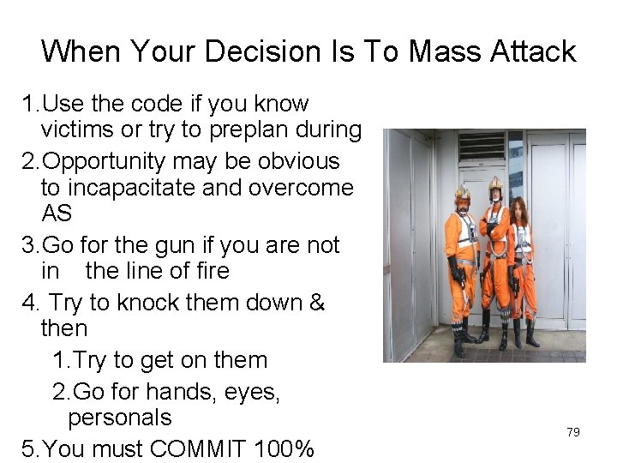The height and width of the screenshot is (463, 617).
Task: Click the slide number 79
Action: tap(573, 432)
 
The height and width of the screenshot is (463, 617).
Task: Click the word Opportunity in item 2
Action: tap(105, 161)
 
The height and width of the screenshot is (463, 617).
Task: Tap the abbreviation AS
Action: tap(57, 213)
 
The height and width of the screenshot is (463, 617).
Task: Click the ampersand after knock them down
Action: tap(316, 303)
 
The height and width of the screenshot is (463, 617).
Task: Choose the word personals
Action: tap(120, 418)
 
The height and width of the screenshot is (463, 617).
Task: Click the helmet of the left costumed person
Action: tap(463, 193)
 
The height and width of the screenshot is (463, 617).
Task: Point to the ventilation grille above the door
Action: tap(482, 147)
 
